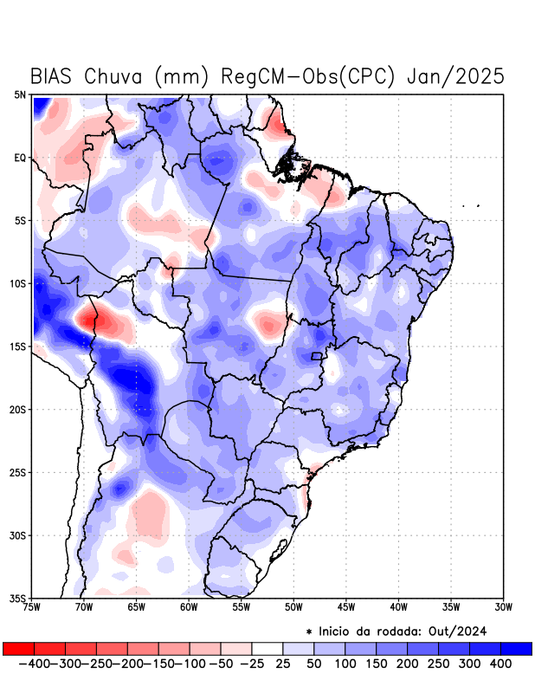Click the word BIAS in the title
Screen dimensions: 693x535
click(53, 76)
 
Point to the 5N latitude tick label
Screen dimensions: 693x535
click(20, 94)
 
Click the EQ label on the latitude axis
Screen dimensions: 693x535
click(20, 158)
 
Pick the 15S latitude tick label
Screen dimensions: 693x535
click(18, 346)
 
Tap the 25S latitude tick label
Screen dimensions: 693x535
click(18, 472)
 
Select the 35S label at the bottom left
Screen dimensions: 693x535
click(18, 598)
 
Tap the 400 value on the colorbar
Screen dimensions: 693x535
click(500, 664)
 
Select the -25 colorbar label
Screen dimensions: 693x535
click(251, 664)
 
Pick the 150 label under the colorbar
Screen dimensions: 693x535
click(376, 664)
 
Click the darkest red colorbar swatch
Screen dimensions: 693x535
click(18, 648)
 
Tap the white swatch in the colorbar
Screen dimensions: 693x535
click(267, 648)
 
